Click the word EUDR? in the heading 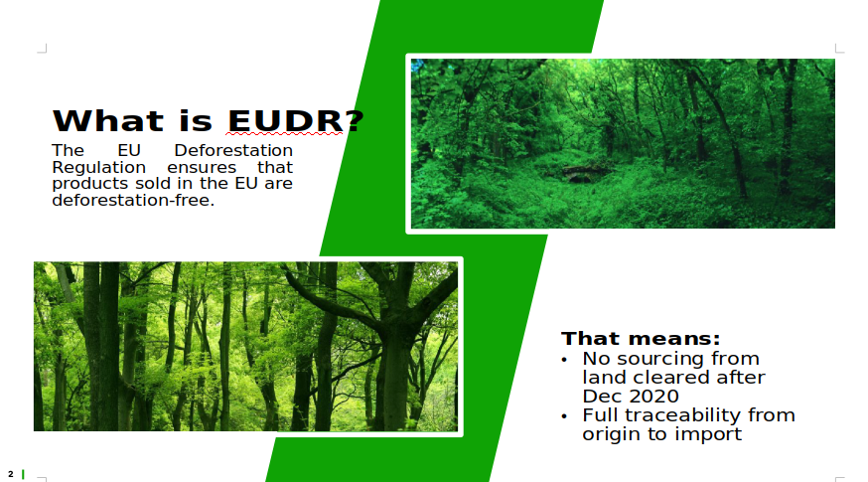(296, 121)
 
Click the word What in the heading (108, 121)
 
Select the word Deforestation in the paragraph (233, 150)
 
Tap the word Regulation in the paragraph (99, 167)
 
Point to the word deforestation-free (133, 200)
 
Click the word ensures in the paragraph (202, 167)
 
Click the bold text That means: (641, 338)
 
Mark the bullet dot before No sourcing (564, 360)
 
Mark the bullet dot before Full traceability (564, 416)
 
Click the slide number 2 (11, 474)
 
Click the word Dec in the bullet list (603, 397)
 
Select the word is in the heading (196, 121)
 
